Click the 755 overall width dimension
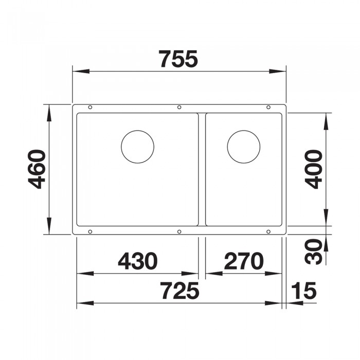coord(178,59)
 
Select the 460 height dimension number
coord(37,169)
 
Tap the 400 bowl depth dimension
coord(314,169)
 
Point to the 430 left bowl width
coord(138,261)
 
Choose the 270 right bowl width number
coord(244,261)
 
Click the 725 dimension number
coord(179,291)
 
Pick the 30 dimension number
coord(314,251)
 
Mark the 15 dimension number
coord(303,291)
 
